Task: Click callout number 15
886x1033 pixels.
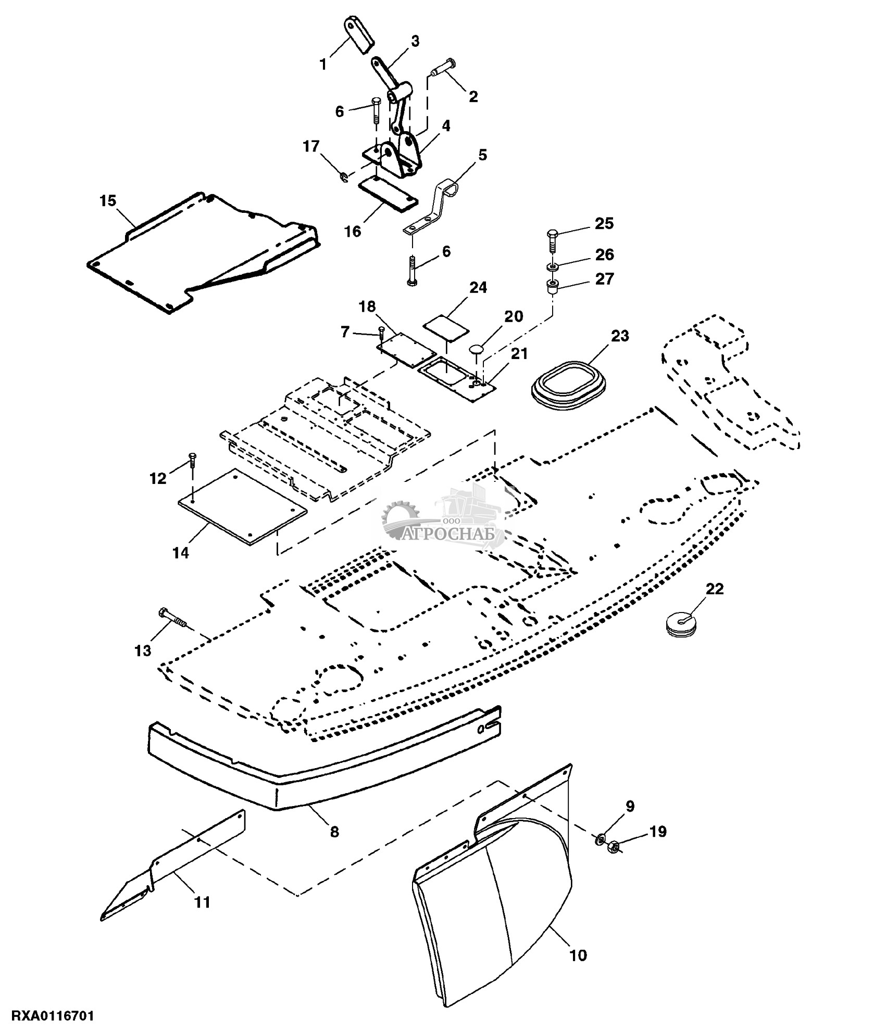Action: pos(108,201)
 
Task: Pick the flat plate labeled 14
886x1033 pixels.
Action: pos(243,505)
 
